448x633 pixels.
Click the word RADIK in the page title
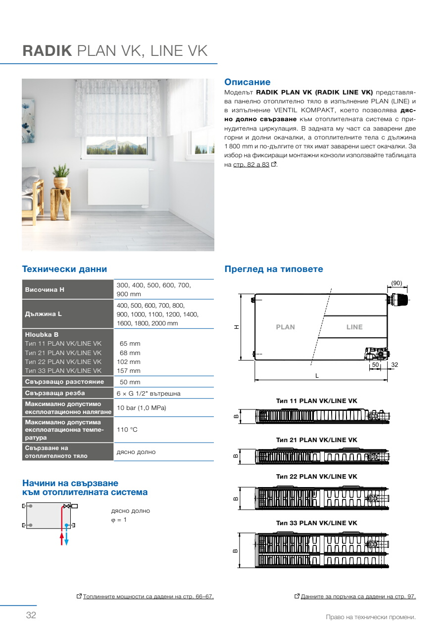point(48,51)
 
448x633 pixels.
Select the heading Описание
point(248,82)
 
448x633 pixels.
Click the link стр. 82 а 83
point(251,165)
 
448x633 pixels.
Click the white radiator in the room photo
point(118,188)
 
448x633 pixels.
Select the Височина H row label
point(45,289)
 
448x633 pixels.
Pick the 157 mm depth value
point(130,371)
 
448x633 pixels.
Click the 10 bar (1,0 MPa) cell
point(141,408)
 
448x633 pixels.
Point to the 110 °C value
point(127,430)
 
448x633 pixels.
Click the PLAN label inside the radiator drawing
point(285,327)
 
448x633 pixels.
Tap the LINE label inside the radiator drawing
point(354,327)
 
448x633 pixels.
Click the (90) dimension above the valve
point(397,283)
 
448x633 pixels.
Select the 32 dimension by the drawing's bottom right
point(395,364)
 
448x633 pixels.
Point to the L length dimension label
point(317,376)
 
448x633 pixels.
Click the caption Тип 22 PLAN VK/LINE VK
point(316,477)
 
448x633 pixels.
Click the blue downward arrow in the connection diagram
point(67,539)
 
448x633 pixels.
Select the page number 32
point(31,615)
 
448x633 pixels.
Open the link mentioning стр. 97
point(358,597)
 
